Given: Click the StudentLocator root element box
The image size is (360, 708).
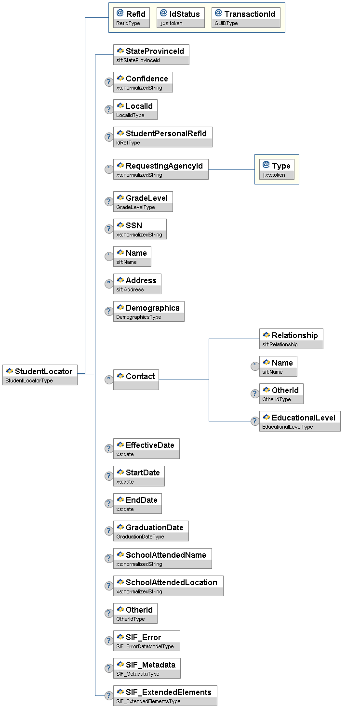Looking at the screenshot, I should pos(40,374).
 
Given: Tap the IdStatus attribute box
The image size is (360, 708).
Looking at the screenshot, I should pos(181,17).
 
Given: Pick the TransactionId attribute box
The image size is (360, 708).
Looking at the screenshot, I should pos(246,17).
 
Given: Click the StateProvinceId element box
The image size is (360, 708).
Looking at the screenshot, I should pos(151,54).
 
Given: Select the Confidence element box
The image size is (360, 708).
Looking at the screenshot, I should pos(143,82).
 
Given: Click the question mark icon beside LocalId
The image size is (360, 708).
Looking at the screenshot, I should pos(109,109).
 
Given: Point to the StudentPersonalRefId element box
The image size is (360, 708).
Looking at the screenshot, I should pos(162,137).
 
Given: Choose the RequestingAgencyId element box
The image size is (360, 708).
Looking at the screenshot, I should pos(160,169).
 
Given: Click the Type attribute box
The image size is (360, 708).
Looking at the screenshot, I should pos(277,169).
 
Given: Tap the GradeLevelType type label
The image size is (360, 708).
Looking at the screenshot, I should pos(136,207).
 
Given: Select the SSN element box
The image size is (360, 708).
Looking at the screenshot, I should pos(140,229).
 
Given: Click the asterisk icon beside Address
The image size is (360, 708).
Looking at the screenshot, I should pos(109,284).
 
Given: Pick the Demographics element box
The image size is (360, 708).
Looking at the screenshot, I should pos(148,311).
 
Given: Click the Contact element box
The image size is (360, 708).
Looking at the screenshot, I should pos(136,380).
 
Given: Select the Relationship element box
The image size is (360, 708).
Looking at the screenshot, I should pos(291,339).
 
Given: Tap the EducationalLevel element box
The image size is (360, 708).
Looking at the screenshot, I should pos(300,421).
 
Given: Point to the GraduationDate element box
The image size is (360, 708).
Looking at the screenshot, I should pos(151,531).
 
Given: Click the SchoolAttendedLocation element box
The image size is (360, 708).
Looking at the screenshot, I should pos(168,586).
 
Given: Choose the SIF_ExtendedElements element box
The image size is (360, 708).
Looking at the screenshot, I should pos(165,695).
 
